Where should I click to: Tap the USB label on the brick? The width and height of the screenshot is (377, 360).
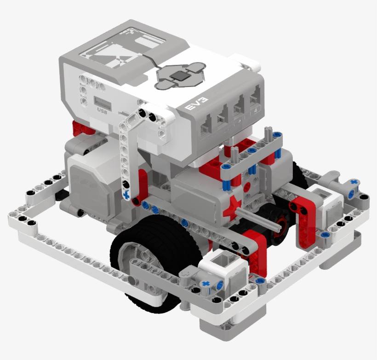tap(102, 110)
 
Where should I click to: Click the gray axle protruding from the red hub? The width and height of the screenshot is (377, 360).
tap(260, 220)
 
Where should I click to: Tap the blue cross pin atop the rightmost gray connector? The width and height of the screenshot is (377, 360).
tap(353, 183)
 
